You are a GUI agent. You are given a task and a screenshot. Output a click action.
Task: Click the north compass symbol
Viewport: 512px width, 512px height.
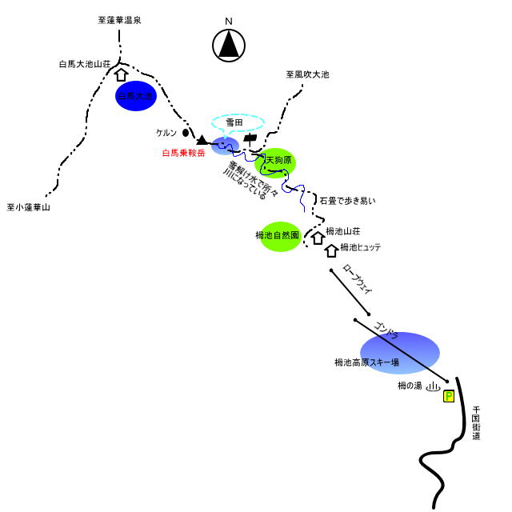(x=229, y=45)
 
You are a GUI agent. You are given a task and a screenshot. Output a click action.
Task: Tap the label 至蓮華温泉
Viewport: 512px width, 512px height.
(x=114, y=20)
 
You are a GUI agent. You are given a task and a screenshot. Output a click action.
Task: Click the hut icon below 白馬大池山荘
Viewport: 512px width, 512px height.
(x=122, y=75)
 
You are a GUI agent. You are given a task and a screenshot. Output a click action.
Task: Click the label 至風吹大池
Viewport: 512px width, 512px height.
(x=307, y=74)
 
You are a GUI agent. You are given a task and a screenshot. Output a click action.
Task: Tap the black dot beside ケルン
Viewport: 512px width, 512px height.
(x=186, y=132)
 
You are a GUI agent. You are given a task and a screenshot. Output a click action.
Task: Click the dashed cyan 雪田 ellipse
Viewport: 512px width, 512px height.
(x=237, y=123)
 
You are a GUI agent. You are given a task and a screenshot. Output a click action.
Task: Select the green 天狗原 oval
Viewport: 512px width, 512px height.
(x=275, y=162)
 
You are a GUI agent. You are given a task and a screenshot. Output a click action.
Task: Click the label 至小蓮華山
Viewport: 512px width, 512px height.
(x=29, y=207)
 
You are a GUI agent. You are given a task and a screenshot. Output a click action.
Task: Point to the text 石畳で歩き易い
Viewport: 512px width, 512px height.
(x=347, y=200)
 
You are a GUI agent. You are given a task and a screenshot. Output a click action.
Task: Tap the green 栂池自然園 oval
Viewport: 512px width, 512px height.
(x=280, y=236)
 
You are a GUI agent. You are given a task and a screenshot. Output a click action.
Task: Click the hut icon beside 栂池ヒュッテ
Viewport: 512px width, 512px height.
(x=331, y=250)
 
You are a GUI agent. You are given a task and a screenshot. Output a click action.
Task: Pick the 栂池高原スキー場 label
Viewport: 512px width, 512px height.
(x=366, y=362)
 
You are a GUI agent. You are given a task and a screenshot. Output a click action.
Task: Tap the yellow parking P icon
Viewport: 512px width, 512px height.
(x=449, y=396)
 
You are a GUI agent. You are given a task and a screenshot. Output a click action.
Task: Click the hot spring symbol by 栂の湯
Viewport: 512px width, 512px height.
(x=433, y=387)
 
